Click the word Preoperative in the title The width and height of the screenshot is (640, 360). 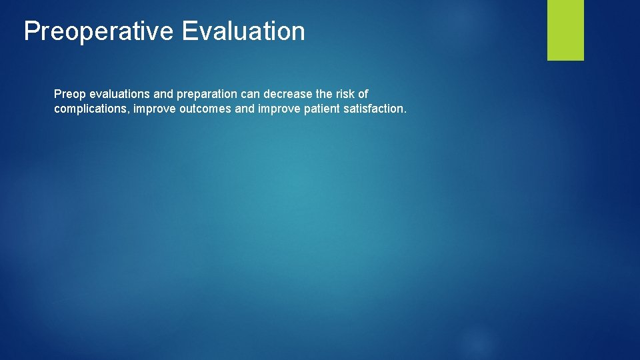(99, 31)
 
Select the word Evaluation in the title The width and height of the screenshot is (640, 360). (243, 31)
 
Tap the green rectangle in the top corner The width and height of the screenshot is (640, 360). (565, 30)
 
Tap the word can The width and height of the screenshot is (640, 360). (251, 95)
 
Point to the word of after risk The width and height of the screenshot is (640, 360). (363, 95)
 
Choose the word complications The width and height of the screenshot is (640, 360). (91, 109)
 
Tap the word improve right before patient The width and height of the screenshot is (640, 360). (279, 109)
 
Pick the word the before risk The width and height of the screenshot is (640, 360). (324, 95)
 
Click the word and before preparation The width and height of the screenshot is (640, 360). (163, 95)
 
